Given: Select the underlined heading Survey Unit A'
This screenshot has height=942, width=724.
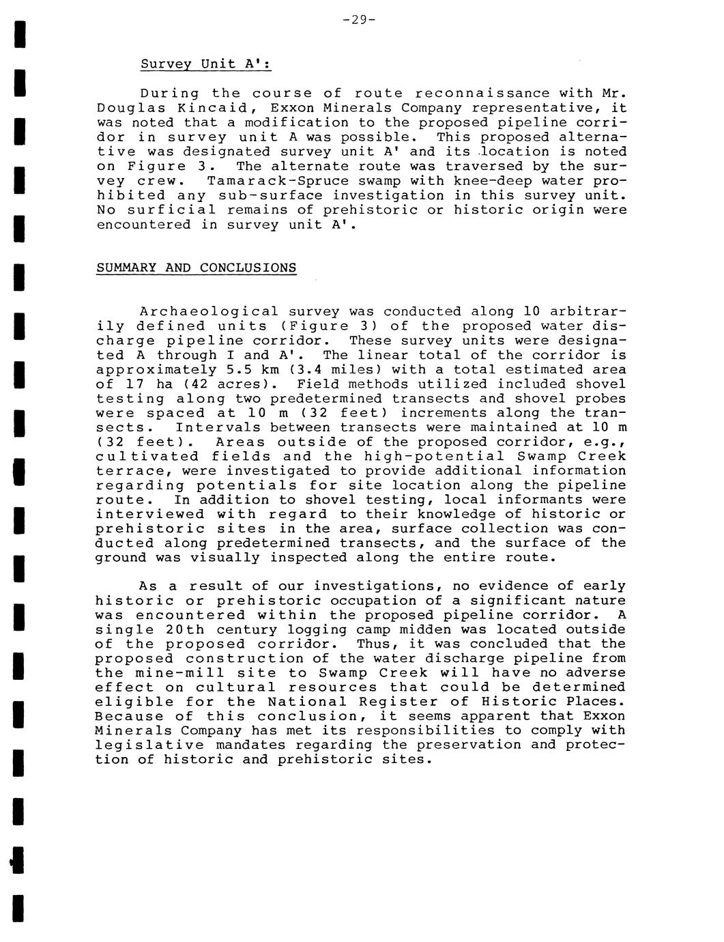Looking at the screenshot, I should [206, 64].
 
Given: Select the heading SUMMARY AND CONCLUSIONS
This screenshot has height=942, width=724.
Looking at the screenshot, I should [197, 268].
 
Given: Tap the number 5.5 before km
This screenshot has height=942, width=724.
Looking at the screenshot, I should [239, 370].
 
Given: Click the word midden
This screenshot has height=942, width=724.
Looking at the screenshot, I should [425, 630].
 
